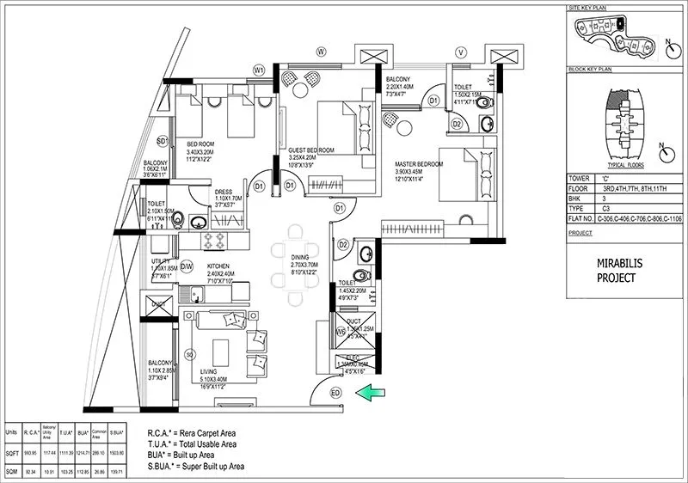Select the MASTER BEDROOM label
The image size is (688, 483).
click(419, 163)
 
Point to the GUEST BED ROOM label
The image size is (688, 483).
click(310, 150)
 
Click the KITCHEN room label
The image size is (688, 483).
click(221, 266)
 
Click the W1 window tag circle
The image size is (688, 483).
click(258, 69)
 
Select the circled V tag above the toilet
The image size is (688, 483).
click(461, 52)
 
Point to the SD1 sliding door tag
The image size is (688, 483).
click(162, 140)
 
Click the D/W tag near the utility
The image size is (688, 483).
click(187, 267)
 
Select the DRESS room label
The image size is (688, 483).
click(224, 193)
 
